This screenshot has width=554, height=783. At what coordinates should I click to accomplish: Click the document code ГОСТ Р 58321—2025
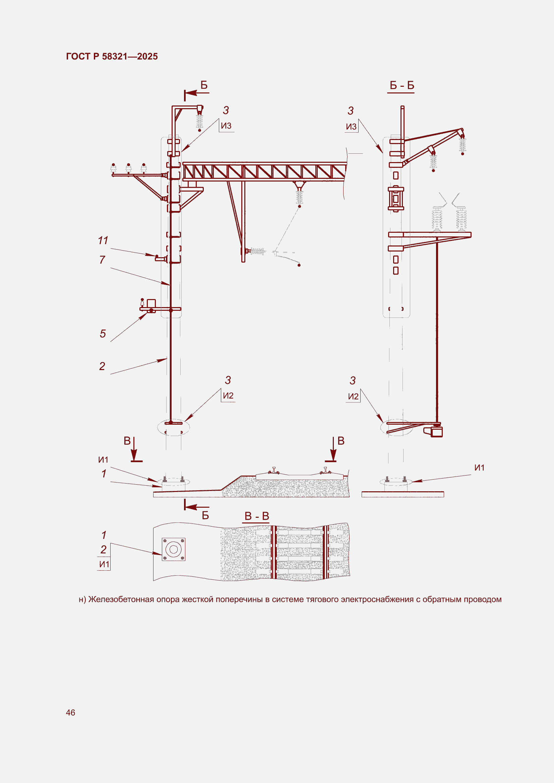tap(112, 56)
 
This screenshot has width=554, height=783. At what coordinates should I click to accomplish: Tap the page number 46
tap(70, 712)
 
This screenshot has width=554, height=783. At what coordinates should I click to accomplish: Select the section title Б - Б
tap(402, 85)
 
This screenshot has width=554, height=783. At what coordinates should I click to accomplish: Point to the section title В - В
tap(257, 516)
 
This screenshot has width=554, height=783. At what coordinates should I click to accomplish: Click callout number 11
tap(103, 240)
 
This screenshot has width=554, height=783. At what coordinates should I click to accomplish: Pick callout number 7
tap(102, 260)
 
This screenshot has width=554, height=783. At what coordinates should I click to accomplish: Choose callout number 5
tap(103, 334)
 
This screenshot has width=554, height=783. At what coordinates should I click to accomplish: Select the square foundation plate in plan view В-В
tap(173, 549)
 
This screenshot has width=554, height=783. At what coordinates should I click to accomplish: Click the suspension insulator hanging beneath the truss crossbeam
tap(299, 197)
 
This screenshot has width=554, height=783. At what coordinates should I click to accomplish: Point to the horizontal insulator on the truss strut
tap(258, 251)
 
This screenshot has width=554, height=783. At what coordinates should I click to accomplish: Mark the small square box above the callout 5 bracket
tap(151, 303)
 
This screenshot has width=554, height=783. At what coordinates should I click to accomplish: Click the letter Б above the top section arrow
tap(204, 85)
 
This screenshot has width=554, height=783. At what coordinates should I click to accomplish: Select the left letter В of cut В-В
tap(127, 441)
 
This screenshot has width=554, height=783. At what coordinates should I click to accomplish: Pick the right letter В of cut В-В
tap(341, 441)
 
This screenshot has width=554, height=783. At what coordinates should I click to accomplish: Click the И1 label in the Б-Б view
tap(479, 468)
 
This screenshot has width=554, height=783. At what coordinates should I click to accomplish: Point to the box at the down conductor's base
tap(437, 432)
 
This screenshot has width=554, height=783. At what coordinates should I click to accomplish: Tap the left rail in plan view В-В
tap(273, 552)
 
